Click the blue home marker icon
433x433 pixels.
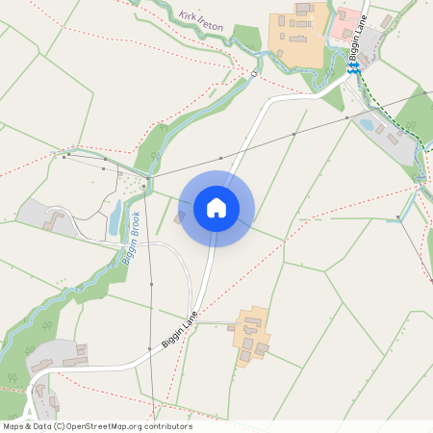[x=216, y=208]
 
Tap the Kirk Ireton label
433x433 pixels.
[x=201, y=22]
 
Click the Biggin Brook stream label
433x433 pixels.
[x=130, y=238]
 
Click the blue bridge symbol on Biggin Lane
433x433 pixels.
[x=353, y=68]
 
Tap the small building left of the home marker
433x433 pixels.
[x=179, y=218]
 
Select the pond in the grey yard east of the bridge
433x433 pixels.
[x=366, y=123]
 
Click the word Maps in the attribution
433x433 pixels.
[x=14, y=426]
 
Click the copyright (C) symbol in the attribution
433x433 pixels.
[x=60, y=426]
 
